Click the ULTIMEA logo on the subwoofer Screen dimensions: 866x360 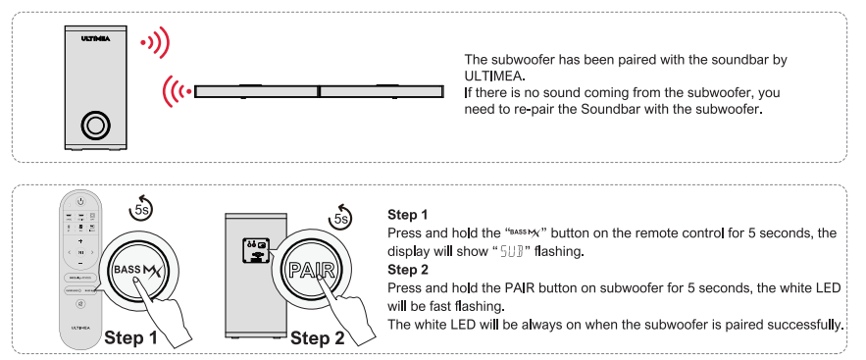tap(95, 38)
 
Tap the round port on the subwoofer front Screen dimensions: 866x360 tap(95, 126)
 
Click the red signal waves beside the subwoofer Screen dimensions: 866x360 tap(154, 42)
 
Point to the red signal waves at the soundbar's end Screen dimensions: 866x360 tap(177, 91)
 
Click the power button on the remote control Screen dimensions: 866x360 tap(80, 201)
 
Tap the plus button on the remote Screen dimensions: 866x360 tap(80, 241)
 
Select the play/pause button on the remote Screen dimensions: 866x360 tap(80, 252)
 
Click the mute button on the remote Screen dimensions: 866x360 tap(80, 304)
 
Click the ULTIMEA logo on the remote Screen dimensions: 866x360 tap(80, 328)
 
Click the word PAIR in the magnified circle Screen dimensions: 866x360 tap(312, 271)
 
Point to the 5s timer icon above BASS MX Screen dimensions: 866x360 tap(141, 208)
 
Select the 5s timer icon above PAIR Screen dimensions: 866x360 tap(340, 217)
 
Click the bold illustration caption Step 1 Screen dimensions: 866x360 tap(130, 337)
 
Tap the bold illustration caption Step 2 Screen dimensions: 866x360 tap(317, 337)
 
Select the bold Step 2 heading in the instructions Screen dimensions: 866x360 tap(408, 270)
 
